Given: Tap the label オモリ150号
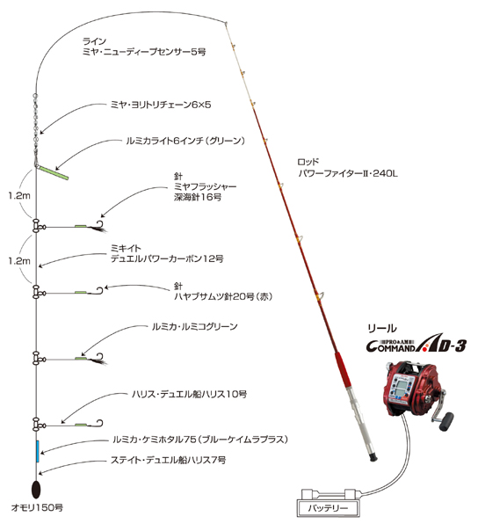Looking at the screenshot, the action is click(37, 507).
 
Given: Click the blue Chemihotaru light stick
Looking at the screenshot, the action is click(38, 451).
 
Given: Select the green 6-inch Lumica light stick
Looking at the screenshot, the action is click(53, 172).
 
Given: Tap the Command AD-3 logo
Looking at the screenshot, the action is click(416, 344).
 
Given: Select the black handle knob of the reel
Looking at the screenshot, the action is click(447, 421).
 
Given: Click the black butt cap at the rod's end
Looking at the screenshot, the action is click(373, 457).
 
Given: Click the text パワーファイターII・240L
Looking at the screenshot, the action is click(348, 174).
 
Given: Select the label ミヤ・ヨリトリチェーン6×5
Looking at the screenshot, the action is click(161, 105).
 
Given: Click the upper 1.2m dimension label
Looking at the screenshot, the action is click(19, 195).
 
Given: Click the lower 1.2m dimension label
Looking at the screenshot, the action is click(19, 261).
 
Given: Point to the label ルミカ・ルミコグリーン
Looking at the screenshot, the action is click(195, 326).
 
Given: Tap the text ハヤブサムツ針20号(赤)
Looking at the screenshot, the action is click(223, 296).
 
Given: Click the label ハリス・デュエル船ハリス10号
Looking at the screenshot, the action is click(189, 394).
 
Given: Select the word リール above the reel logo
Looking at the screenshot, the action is click(382, 328).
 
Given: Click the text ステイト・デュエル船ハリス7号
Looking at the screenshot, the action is click(168, 460).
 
